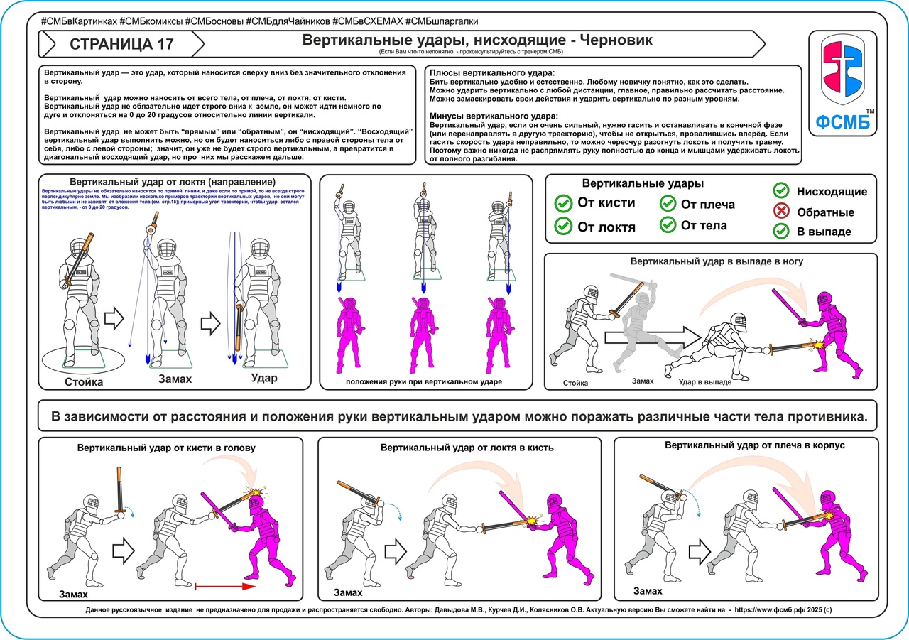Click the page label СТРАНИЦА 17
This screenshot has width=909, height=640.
121,45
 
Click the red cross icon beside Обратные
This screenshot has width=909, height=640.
781,211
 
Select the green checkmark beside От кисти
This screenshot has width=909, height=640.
563,204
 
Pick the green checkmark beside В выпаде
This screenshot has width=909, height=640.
781,231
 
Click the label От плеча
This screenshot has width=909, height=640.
707,205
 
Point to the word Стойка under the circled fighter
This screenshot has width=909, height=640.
85,382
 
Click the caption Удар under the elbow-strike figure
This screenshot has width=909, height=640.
264,378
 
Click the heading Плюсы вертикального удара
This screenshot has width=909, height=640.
492,73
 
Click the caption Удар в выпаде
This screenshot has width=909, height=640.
705,382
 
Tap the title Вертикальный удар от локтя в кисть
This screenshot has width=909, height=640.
467,448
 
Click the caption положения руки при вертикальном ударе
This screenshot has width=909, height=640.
424,382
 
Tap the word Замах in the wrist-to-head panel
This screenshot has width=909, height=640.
74,594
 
